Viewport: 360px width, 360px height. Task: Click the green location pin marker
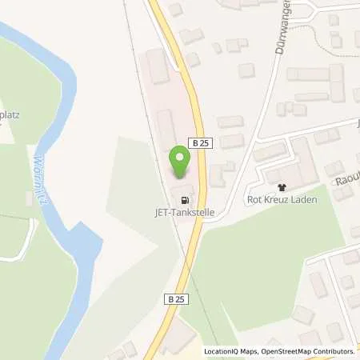(x=181, y=163)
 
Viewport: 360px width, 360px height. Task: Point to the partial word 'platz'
(x=12, y=114)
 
